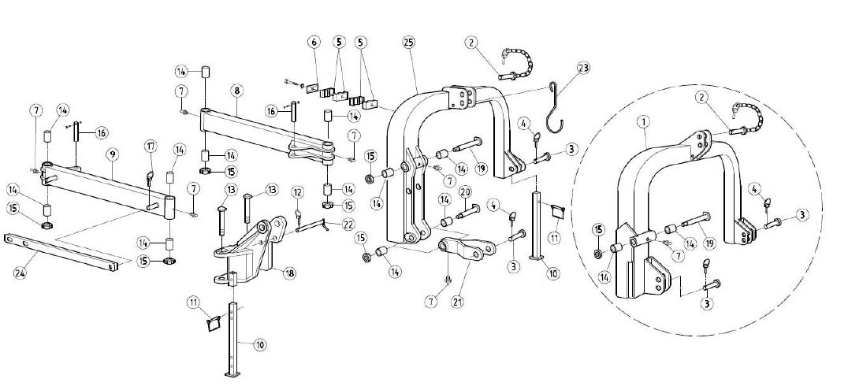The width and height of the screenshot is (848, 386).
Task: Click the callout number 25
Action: click(408, 43)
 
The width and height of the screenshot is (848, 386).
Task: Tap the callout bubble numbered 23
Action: click(583, 68)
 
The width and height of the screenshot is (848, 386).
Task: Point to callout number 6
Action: click(314, 42)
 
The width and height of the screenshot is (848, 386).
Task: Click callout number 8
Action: click(237, 91)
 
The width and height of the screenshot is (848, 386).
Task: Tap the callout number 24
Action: click(20, 273)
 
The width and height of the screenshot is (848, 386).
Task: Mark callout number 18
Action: click(290, 273)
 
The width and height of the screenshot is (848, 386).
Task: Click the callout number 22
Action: click(347, 224)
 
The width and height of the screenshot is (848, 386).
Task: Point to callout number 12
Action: click(297, 192)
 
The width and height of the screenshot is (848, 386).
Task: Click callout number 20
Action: click(466, 192)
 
